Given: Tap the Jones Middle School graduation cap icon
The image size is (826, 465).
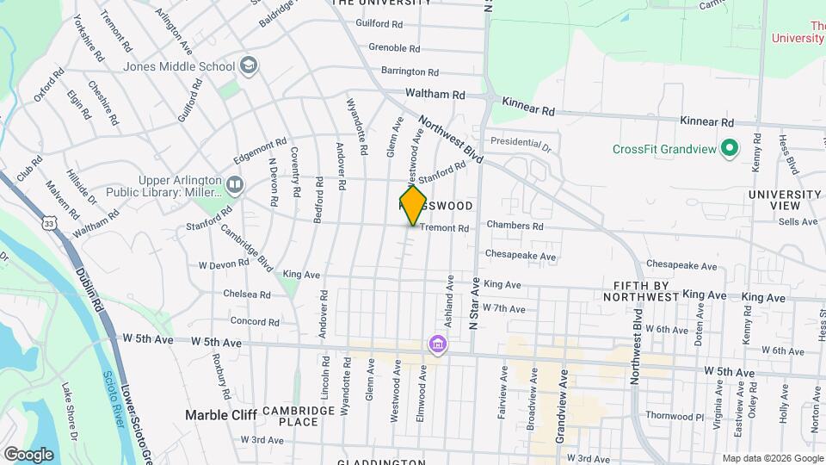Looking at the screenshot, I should (x=249, y=66).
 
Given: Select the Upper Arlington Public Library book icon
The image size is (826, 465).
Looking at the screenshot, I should (x=234, y=184).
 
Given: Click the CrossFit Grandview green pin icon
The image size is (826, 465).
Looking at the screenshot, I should (x=730, y=149).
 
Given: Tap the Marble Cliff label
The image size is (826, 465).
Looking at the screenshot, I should (x=219, y=415).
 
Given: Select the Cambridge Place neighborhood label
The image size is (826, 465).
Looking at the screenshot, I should (x=299, y=416).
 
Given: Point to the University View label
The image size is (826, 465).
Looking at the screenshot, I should (x=785, y=200).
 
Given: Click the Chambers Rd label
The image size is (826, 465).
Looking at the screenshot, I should (x=515, y=226).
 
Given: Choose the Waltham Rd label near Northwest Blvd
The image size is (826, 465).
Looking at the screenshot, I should (x=435, y=96).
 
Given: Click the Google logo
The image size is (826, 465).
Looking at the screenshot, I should (x=28, y=454).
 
